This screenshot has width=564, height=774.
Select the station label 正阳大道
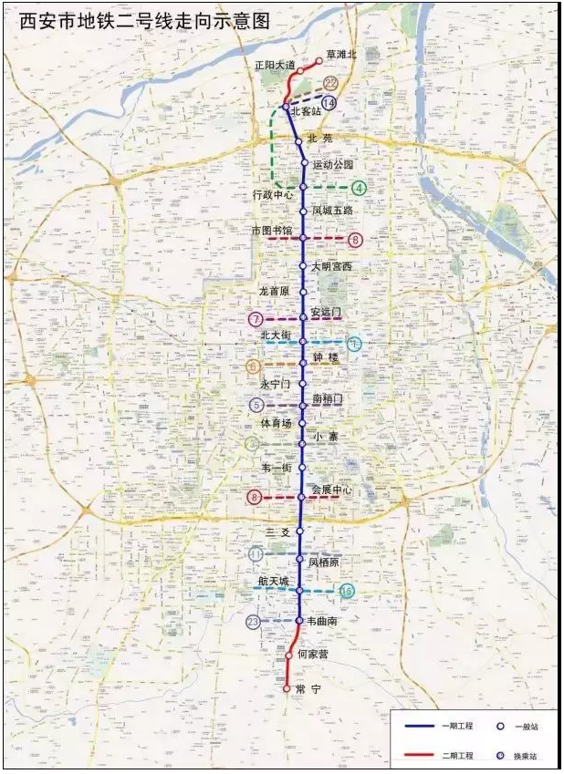275,67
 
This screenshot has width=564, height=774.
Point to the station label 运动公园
332,165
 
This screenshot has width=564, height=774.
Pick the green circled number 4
360,189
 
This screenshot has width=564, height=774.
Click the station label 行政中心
273,195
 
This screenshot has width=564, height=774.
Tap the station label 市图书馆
272,231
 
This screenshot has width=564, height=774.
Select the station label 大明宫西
330,266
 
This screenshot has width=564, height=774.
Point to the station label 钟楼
326,357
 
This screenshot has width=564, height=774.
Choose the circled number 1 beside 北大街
353,344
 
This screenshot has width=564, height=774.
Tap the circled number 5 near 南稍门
257,406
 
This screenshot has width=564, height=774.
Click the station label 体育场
276,424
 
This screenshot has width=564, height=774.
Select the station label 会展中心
331,490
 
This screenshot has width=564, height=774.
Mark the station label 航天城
273,581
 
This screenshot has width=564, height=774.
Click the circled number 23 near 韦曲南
254,623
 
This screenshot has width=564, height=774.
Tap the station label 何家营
312,654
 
